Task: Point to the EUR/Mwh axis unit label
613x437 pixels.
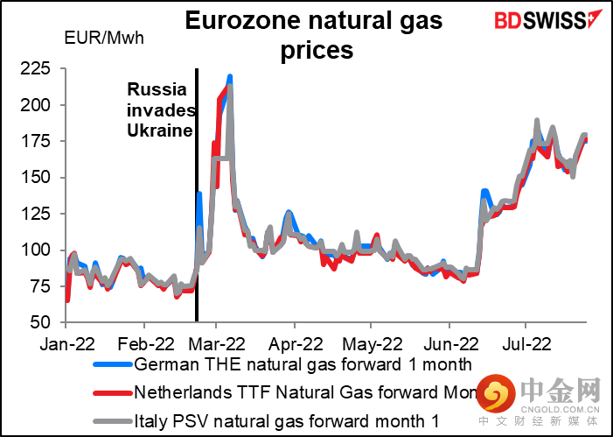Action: (104, 38)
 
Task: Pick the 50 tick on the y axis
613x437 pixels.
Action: (46, 321)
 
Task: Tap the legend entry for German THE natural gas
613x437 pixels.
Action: (303, 363)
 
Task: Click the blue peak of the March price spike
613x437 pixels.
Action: (229, 77)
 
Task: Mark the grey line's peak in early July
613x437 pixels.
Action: (536, 121)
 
